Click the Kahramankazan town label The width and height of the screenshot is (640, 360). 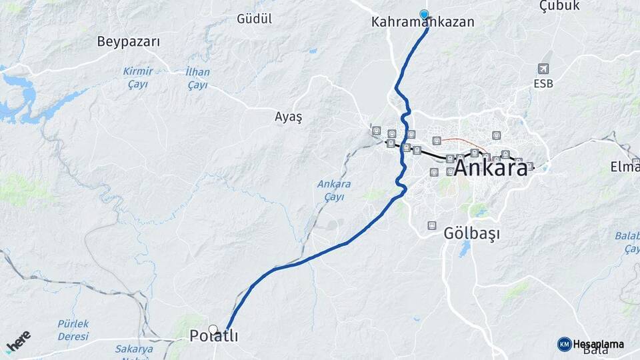click(x=423, y=23)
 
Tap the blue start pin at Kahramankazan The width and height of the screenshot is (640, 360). click(x=424, y=14)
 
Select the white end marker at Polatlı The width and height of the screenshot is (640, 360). click(x=213, y=329)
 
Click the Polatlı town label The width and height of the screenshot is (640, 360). click(x=213, y=337)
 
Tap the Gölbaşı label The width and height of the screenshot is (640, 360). click(x=471, y=234)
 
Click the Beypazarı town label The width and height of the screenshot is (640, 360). click(x=129, y=41)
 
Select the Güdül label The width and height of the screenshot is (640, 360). click(x=254, y=19)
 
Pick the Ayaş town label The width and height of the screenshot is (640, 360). click(x=288, y=117)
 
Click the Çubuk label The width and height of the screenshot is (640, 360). click(x=559, y=6)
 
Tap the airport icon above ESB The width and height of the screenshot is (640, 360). click(x=543, y=69)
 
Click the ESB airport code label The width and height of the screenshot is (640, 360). click(x=543, y=84)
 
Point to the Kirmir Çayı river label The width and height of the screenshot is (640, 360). click(x=138, y=77)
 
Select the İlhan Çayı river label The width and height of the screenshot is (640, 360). click(x=197, y=78)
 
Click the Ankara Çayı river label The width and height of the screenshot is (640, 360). click(x=334, y=190)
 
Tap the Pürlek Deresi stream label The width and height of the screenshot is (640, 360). click(x=73, y=329)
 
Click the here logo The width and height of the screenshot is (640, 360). click(x=18, y=342)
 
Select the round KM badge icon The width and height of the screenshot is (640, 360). click(x=564, y=344)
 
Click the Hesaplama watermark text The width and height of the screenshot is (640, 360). click(x=599, y=344)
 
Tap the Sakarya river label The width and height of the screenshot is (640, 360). click(x=134, y=349)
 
